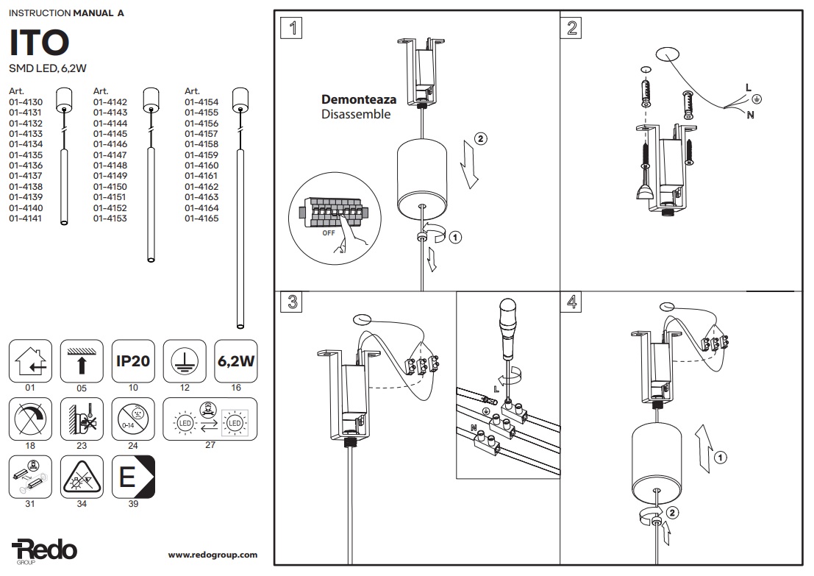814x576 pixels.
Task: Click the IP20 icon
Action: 133,360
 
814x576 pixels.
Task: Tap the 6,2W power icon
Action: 237,360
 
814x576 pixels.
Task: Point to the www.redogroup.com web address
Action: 213,555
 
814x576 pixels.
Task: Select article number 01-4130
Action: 26,102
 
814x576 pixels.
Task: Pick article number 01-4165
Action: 201,218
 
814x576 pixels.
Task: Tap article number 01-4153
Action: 110,218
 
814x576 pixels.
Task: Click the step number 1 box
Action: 293,29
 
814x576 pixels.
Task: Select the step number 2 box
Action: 573,29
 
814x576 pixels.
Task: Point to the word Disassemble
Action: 356,115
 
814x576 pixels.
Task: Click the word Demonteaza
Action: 359,99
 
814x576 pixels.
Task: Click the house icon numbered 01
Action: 30,360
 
